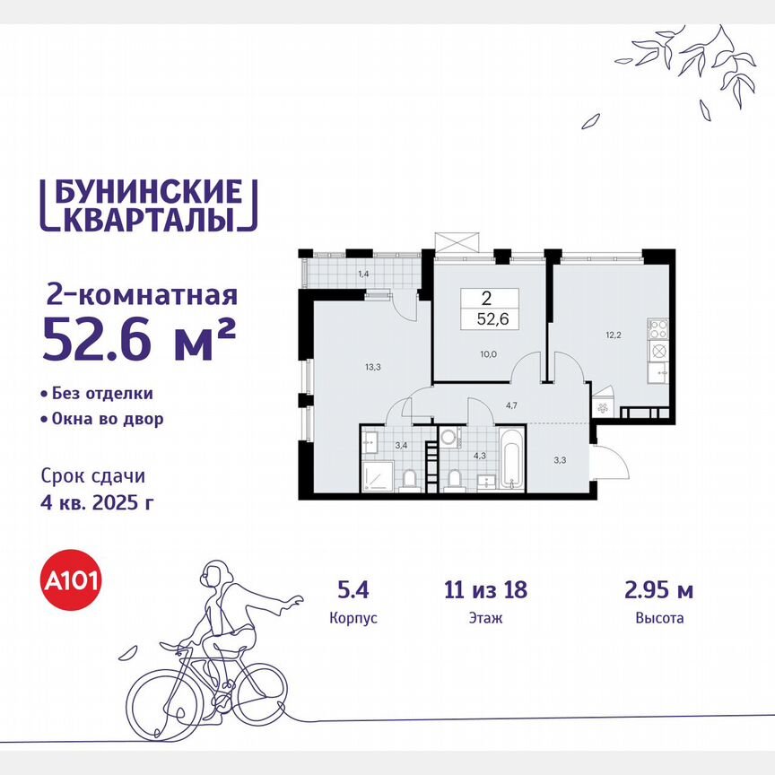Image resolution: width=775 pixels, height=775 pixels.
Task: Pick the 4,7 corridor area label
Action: tap(511, 405)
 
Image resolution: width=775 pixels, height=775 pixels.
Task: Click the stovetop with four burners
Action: tap(657, 328)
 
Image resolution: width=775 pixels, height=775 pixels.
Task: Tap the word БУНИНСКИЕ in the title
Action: tap(144, 192)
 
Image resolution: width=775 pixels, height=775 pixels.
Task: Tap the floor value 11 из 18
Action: tap(485, 590)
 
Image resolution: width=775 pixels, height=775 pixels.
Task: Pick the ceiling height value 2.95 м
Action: tap(658, 590)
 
